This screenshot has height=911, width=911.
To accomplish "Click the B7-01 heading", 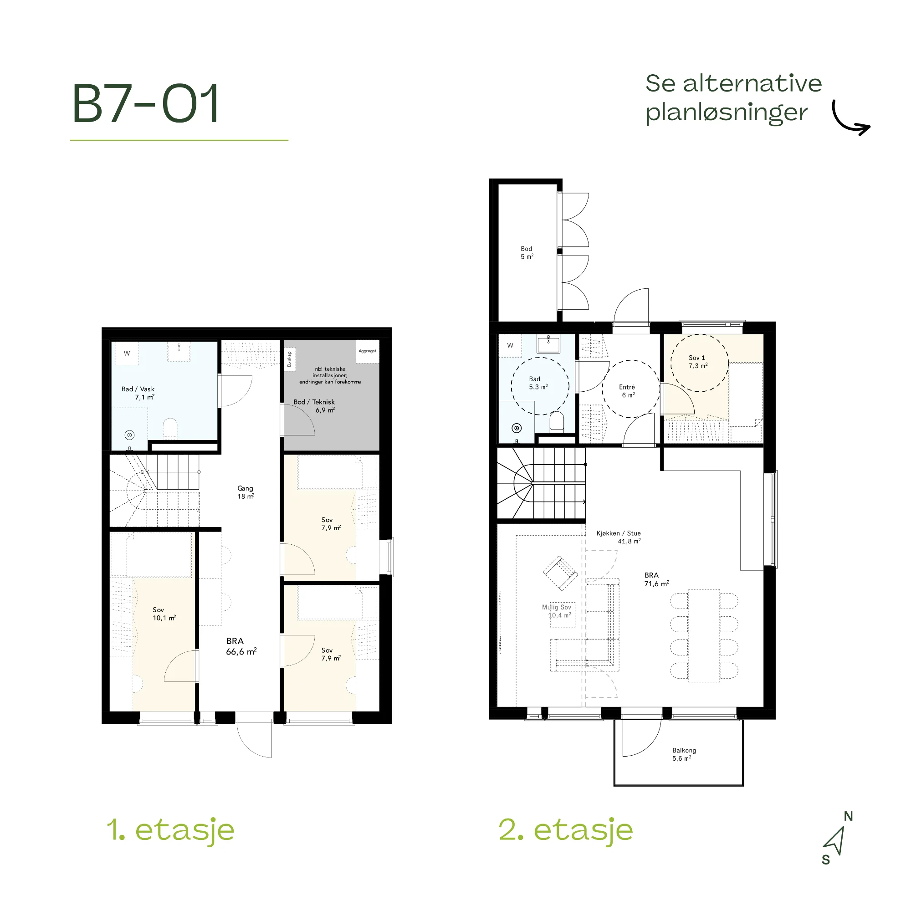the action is point(145,103).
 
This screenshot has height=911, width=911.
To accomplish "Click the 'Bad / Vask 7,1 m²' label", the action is point(138,393).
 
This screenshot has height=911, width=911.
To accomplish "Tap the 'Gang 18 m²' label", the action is point(245,492).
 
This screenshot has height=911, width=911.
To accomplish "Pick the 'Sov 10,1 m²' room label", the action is point(164,614).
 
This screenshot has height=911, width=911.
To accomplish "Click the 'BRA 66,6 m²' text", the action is point(241,646).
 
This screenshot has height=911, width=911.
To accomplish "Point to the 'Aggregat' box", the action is point(367,351).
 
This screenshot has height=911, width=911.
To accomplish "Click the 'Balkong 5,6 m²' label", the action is point(684,754).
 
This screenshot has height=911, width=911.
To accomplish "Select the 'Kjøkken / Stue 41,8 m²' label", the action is point(619,537).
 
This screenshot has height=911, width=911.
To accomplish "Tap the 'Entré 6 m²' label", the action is point(627,391).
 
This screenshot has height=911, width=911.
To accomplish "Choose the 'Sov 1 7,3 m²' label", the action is point(698,362).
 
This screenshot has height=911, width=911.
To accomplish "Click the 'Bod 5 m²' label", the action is point(527,253).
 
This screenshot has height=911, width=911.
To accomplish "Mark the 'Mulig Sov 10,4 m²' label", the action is point(557,611).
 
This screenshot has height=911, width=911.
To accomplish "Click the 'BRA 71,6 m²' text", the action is point(656,579).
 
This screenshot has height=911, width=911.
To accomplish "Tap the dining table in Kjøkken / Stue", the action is point(704,635).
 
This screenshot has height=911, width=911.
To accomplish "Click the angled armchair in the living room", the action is point(560,573).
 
